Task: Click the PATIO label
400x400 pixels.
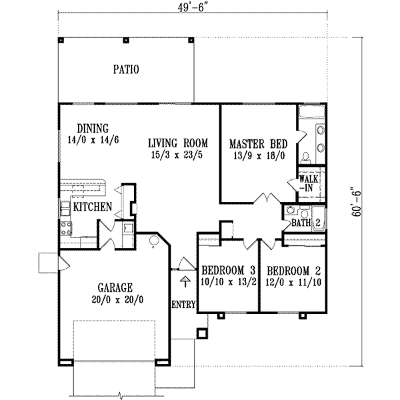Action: point(126,69)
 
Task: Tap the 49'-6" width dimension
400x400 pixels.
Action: point(191,8)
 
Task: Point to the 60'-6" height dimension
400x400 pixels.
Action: point(357,202)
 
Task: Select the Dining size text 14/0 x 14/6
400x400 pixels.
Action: point(93,140)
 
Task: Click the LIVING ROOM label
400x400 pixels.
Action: point(178,143)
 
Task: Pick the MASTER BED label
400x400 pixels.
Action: point(259,144)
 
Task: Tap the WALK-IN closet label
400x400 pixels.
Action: point(309,183)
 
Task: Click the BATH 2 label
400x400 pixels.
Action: point(306,223)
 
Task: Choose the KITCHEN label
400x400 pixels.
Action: point(93,207)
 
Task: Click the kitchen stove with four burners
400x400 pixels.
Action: point(66,229)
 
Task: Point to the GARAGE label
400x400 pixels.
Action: point(115,287)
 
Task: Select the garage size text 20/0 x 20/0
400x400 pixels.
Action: point(117,299)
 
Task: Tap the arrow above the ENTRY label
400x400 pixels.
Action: point(185,281)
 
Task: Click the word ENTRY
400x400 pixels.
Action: point(183,305)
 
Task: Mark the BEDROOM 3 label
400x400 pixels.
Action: point(228,270)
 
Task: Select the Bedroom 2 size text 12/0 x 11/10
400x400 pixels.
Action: point(293,283)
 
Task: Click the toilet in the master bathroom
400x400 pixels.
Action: point(305,158)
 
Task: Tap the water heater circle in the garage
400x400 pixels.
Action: point(154,241)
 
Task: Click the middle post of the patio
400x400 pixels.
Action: point(126,40)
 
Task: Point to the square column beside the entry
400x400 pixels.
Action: point(202,333)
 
